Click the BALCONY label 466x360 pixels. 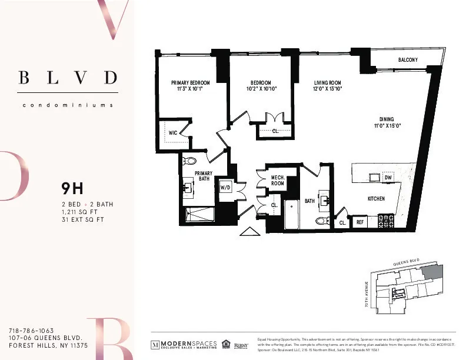click(408, 60)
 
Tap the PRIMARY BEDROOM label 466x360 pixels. click(190, 83)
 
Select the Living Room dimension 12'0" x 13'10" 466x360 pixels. click(327, 89)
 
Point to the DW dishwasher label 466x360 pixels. click(388, 177)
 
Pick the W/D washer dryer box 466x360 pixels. click(225, 188)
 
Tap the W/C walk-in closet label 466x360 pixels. click(173, 134)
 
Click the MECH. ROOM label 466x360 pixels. click(278, 180)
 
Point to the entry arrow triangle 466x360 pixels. click(248, 231)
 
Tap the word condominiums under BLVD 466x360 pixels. click(67, 106)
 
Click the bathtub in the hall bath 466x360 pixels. click(292, 215)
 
